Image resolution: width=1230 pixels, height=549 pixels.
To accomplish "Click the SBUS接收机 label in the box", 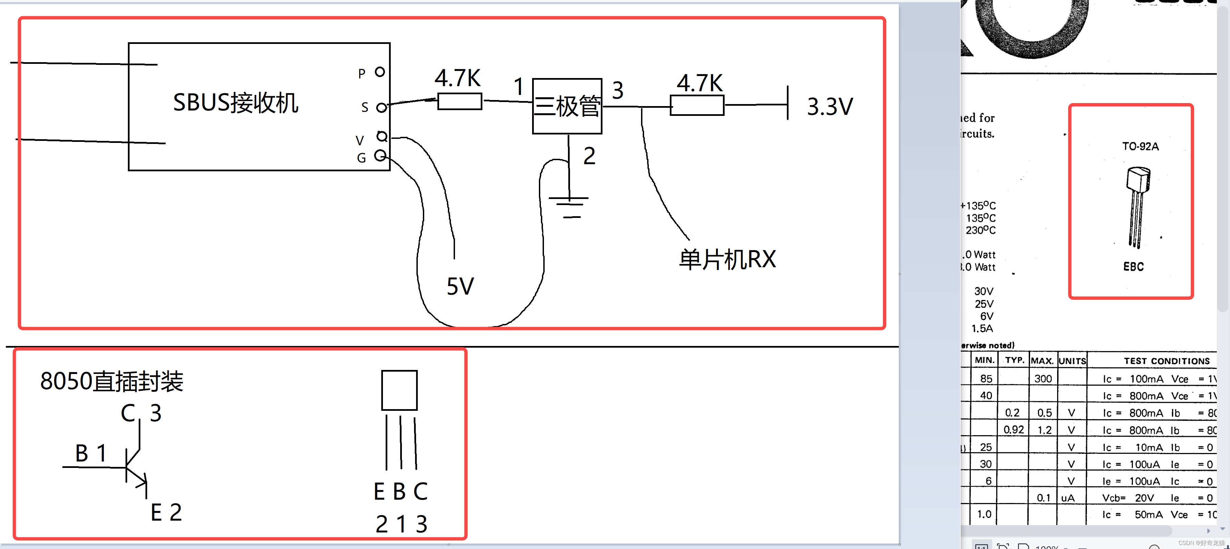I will pos(235,103).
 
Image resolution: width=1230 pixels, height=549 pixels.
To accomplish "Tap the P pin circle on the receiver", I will pos(380,72).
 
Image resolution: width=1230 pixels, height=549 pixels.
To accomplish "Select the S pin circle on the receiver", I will pos(381,108).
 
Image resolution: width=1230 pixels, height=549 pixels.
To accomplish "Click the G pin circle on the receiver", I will pos(380,155).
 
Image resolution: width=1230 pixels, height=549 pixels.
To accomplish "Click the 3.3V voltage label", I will pos(829,106).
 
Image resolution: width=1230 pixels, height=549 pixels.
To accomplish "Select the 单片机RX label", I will pos(727,259).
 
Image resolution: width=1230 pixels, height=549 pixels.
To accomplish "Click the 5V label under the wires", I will pos(460,286).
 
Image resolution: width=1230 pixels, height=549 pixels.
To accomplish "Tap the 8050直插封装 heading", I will pos(112,381).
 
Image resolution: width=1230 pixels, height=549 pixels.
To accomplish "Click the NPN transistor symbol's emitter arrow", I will pos(140,481).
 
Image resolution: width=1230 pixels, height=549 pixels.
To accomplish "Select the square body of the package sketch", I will pos(399,390).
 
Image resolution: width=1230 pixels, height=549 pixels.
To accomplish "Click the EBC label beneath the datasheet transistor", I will pos(1133,267).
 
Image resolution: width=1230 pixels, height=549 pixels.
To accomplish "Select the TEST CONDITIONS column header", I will pos(1166,361).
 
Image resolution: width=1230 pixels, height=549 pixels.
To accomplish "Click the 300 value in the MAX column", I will pos(1043,379).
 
